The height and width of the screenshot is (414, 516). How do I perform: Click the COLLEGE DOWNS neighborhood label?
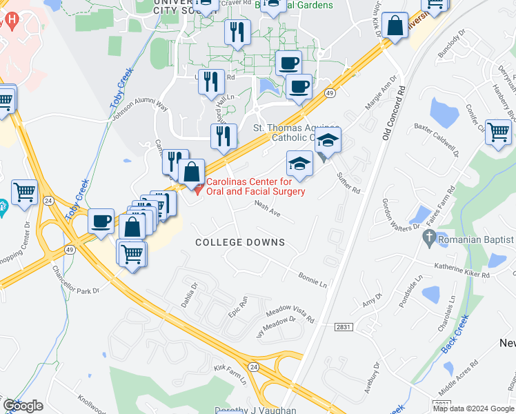[240, 242]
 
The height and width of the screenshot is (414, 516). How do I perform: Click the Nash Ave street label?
[268, 209]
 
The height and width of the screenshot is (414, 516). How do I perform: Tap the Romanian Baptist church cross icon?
[428, 239]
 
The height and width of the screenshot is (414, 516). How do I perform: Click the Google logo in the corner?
[23, 406]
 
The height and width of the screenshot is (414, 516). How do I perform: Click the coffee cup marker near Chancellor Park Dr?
[101, 221]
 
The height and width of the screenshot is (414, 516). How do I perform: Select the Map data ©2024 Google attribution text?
[474, 408]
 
